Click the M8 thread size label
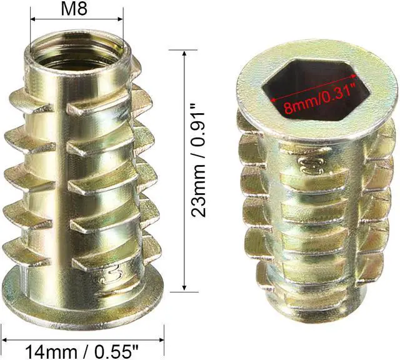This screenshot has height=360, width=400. coord(74,8)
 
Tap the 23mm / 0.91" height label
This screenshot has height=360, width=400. coord(198,161)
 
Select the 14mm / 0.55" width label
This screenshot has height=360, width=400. coord(82,352)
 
